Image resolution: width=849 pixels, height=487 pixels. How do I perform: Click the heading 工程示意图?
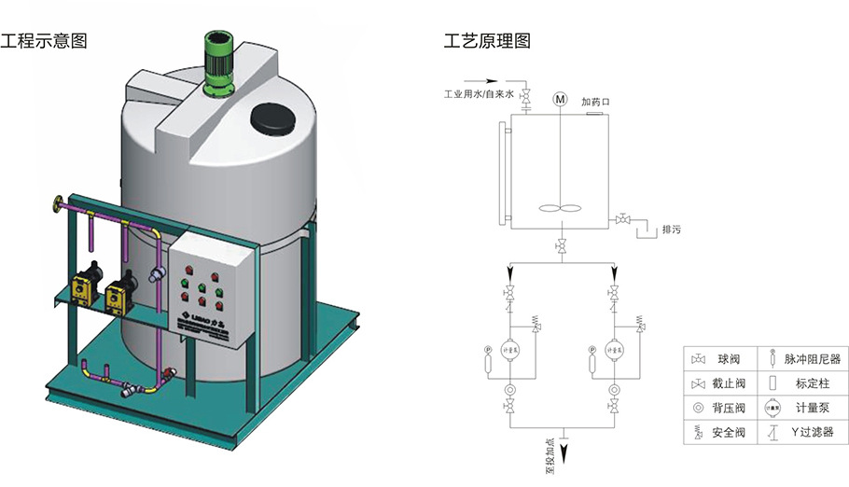44,42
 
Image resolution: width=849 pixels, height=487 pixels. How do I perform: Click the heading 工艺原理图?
487,42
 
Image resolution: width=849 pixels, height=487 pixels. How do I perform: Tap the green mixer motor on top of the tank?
219,63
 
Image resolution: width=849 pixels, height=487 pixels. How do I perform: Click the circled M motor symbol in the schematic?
560,98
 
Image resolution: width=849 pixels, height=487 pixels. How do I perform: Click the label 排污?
670,229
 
